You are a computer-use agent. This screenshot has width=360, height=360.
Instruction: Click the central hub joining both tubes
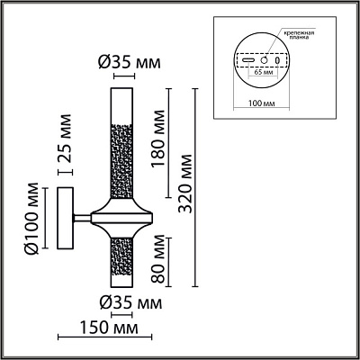pos(121,217)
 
